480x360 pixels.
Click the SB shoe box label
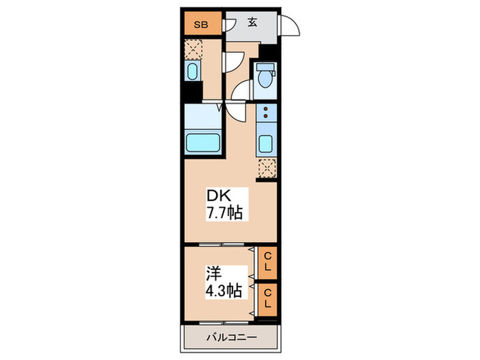201,25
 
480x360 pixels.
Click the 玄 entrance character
252,22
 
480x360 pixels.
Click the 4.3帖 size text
222,290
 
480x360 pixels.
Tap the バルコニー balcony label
231,338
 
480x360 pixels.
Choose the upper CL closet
267,262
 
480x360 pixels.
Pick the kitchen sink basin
266,144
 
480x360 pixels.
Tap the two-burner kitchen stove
266,117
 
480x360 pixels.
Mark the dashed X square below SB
193,50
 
